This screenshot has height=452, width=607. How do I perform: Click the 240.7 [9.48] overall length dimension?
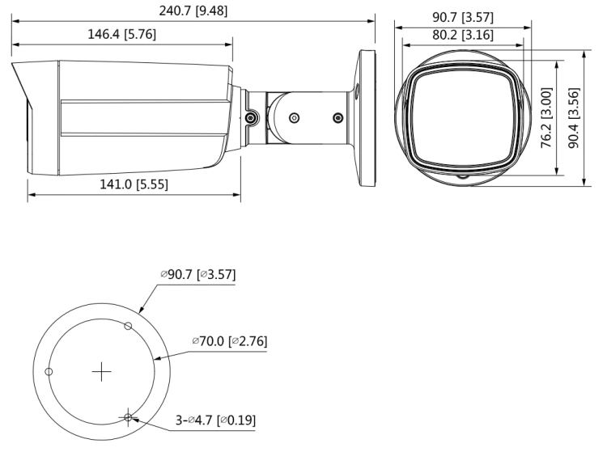193,11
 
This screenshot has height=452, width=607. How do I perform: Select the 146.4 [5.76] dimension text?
122,34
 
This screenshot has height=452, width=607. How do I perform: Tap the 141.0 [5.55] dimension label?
134,184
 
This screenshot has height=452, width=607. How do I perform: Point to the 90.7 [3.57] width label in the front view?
463,18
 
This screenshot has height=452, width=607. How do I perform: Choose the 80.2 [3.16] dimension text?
463,35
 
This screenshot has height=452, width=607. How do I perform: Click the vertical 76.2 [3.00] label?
546,117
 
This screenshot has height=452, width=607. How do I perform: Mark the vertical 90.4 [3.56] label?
574,118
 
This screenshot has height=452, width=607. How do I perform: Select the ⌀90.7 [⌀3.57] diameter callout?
197,275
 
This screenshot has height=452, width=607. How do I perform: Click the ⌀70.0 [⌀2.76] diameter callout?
230,341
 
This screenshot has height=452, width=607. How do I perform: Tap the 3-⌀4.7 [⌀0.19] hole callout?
215,420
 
